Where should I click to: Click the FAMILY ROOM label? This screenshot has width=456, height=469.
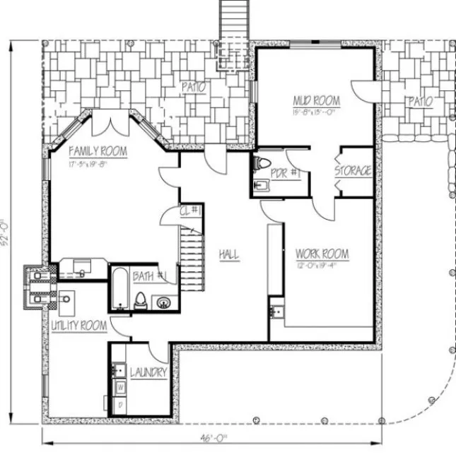(98, 151)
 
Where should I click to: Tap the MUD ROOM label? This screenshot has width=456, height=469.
(316, 100)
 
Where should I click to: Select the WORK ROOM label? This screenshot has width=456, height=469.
(322, 254)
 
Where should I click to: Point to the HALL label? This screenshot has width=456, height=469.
(228, 254)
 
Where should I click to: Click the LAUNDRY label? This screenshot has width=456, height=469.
(148, 372)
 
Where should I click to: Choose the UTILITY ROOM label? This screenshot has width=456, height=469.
(78, 326)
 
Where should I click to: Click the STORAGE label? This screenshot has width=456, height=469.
(353, 171)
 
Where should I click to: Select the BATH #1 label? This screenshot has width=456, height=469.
(152, 275)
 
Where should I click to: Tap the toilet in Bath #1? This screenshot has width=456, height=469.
(141, 299)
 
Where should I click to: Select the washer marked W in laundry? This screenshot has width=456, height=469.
(120, 387)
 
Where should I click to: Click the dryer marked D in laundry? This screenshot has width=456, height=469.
(120, 405)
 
